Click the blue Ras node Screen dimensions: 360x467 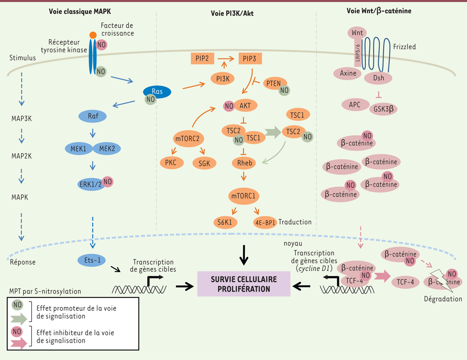pyautogui.click(x=157, y=92)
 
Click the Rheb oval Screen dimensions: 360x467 pyautogui.click(x=244, y=163)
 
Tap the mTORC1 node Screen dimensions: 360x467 pyautogui.click(x=244, y=196)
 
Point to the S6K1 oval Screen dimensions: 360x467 pyautogui.click(x=225, y=222)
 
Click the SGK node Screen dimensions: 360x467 pyautogui.click(x=204, y=163)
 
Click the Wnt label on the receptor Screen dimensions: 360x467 pyautogui.click(x=357, y=33)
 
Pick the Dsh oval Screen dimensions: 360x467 pyautogui.click(x=378, y=78)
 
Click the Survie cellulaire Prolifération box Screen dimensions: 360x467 pyautogui.click(x=244, y=284)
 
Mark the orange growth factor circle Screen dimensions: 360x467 pyautogui.click(x=93, y=35)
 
